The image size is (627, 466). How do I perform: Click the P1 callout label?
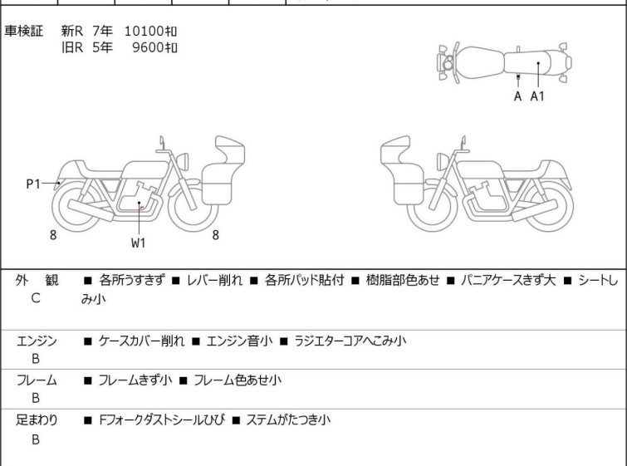[x=33, y=184]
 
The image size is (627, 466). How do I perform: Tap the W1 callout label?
[x=139, y=243]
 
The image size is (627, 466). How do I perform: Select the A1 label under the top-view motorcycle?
[x=537, y=96]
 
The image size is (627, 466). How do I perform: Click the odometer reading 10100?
[x=144, y=31]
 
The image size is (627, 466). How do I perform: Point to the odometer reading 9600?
[x=148, y=47]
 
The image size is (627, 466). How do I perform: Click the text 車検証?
[x=23, y=31]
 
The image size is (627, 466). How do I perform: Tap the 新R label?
[x=72, y=31]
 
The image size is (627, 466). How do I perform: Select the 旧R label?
[x=72, y=47]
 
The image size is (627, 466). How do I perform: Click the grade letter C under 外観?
[x=36, y=298]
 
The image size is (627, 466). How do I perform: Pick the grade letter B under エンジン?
[x=36, y=359]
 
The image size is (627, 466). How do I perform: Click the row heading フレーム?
[x=37, y=380]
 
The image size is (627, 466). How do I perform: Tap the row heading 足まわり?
[x=37, y=419]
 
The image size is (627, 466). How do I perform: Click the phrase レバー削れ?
[x=215, y=280]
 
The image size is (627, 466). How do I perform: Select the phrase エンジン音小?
[x=239, y=341]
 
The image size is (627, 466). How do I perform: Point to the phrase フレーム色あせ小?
[x=238, y=380]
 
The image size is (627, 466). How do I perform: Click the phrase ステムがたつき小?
[x=288, y=419]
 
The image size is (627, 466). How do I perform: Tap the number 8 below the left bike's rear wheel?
[x=53, y=235]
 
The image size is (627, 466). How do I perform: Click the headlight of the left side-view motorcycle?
[x=183, y=161]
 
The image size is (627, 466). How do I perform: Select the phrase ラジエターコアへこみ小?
[x=350, y=341]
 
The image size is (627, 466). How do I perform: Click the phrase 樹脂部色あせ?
[x=403, y=280]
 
